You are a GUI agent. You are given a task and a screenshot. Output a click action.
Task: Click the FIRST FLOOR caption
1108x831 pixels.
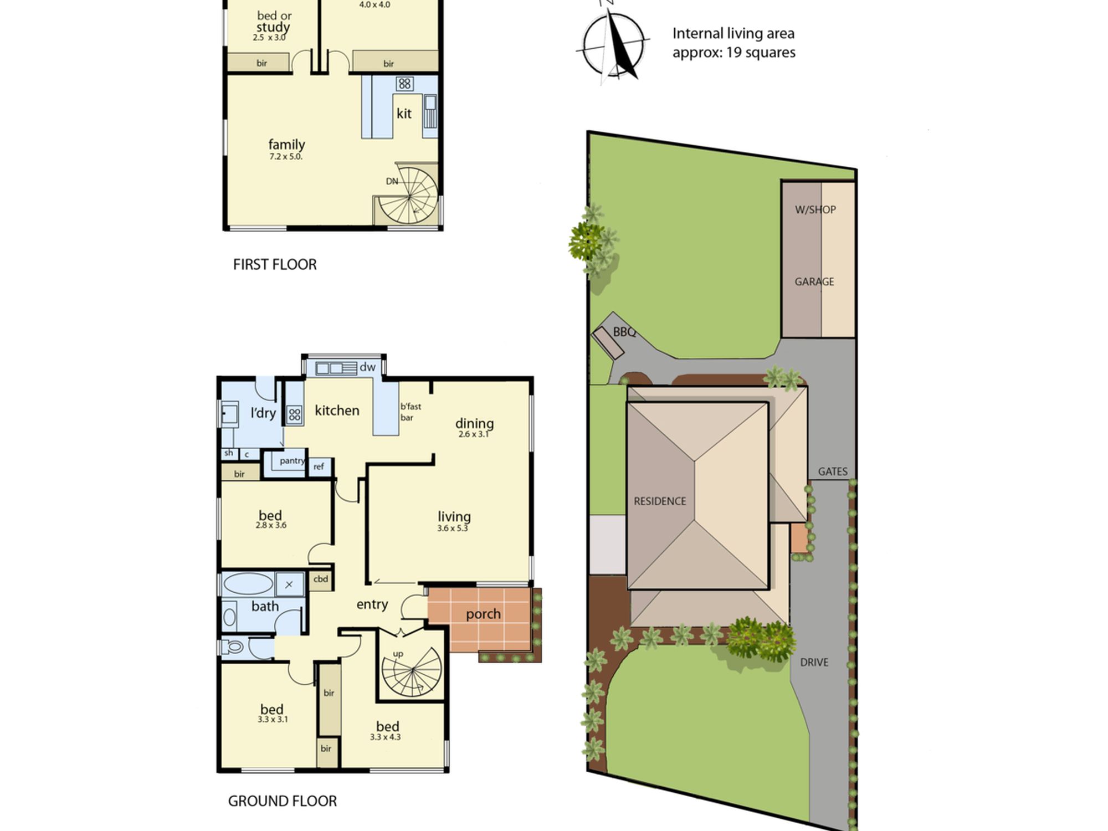(275, 265)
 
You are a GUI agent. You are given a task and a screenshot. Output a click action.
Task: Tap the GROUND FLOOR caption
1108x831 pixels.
(283, 801)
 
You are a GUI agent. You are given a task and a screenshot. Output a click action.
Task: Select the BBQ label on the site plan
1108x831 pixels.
(624, 332)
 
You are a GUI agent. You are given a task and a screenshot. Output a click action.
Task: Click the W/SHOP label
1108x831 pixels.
(815, 210)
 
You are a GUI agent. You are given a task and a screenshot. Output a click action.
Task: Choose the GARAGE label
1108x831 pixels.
(814, 282)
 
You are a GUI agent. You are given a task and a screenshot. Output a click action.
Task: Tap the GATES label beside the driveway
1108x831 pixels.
(833, 471)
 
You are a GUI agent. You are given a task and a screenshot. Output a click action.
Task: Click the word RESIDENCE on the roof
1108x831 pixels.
(660, 501)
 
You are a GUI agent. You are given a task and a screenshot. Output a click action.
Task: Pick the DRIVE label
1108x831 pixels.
(814, 663)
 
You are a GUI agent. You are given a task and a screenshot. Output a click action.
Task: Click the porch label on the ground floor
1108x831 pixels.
(483, 614)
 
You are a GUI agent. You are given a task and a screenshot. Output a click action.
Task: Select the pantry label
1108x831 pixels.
(292, 461)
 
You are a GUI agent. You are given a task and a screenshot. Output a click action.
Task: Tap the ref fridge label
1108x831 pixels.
(319, 466)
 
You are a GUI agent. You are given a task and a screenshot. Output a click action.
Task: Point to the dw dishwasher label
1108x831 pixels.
(368, 367)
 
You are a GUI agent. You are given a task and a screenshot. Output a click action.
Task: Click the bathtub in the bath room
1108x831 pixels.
(248, 584)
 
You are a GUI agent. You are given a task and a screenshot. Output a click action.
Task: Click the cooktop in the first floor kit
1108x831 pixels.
(404, 84)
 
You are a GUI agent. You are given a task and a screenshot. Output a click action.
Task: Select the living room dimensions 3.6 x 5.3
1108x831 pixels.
(453, 529)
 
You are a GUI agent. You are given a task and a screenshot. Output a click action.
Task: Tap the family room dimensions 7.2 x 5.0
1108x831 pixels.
(286, 157)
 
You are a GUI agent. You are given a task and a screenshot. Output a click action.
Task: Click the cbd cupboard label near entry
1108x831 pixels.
(321, 579)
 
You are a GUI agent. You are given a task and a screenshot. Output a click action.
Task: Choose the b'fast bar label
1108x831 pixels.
(411, 412)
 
